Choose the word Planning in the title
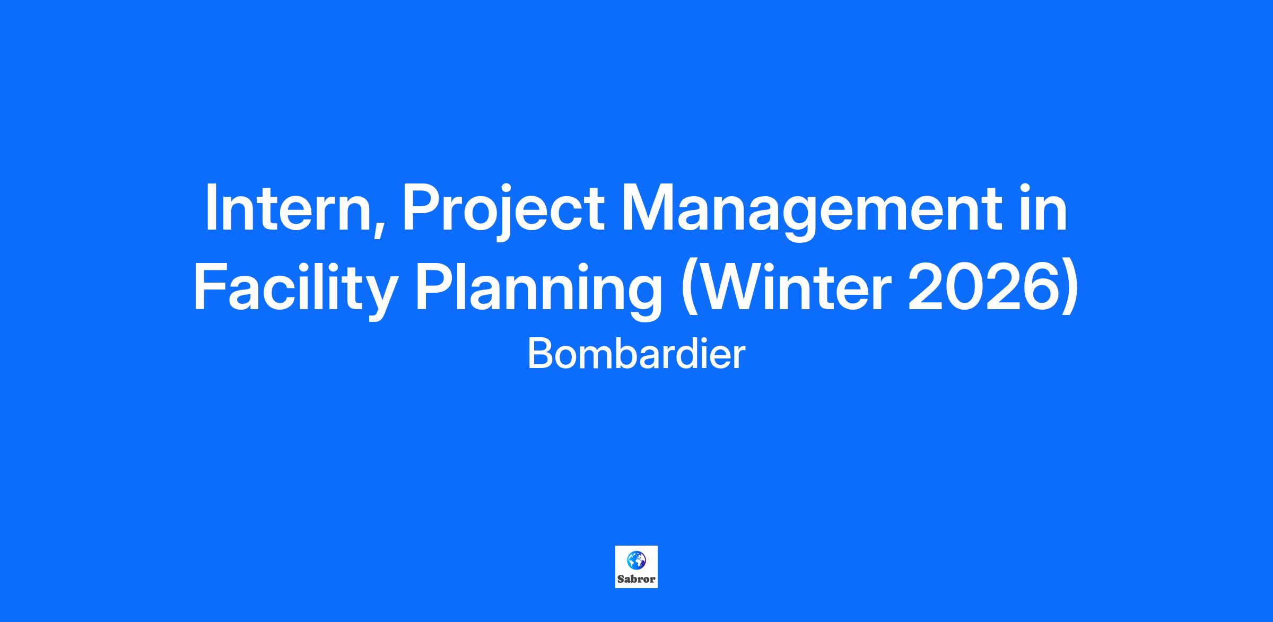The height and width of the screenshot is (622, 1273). coord(538,290)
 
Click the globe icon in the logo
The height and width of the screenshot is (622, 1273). coord(636,560)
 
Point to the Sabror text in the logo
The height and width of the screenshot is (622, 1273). coord(636,579)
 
